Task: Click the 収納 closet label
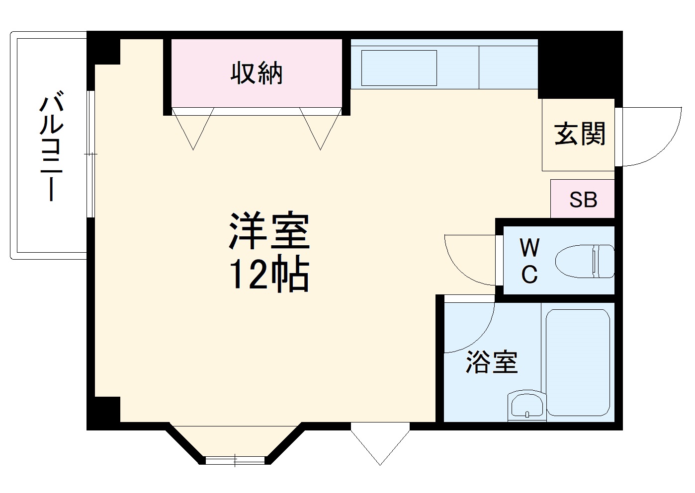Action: pyautogui.click(x=257, y=73)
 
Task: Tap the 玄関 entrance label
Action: pyautogui.click(x=580, y=134)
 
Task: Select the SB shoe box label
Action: pyautogui.click(x=583, y=200)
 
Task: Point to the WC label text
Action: pyautogui.click(x=529, y=261)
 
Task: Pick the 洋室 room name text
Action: pyautogui.click(x=269, y=231)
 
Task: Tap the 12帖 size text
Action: pyautogui.click(x=269, y=275)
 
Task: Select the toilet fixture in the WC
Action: pyautogui.click(x=585, y=261)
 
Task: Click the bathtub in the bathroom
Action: pyautogui.click(x=578, y=362)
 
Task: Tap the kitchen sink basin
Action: pyautogui.click(x=399, y=68)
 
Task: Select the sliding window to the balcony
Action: pyautogui.click(x=90, y=154)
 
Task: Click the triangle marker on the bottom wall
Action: pyautogui.click(x=380, y=442)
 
